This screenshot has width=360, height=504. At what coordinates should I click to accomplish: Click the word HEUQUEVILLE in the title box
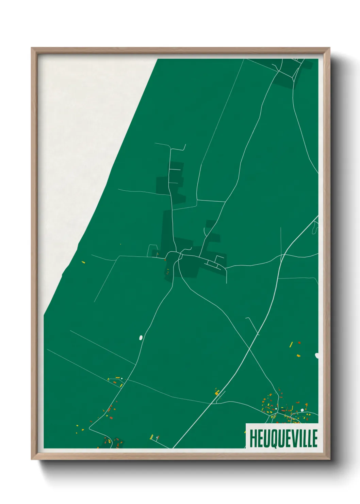(283, 438)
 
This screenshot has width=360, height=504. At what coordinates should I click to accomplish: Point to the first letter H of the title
(253, 438)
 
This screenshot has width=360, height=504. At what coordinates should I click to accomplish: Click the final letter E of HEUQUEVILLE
(314, 438)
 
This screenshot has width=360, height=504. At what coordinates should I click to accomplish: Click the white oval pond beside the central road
(141, 337)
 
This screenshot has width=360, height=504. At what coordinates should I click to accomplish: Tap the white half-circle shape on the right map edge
(317, 356)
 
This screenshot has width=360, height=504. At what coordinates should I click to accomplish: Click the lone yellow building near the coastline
(83, 262)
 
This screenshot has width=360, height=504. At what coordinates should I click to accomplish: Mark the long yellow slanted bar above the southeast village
(291, 345)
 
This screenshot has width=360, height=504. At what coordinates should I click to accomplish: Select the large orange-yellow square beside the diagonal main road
(217, 393)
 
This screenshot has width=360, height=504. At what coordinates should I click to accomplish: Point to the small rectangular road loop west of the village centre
(152, 250)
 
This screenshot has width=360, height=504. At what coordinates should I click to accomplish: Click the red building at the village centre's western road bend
(165, 260)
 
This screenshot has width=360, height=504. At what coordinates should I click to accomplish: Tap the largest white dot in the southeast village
(302, 410)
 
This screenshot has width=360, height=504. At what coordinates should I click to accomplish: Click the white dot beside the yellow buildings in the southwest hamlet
(122, 378)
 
